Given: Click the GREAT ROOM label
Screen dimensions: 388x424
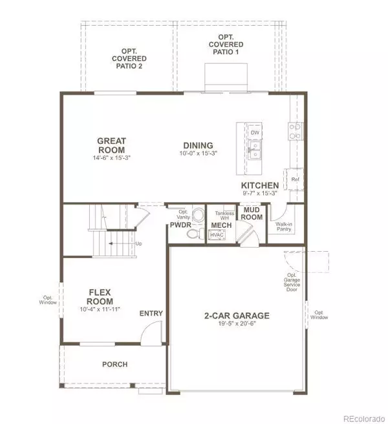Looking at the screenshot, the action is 111,145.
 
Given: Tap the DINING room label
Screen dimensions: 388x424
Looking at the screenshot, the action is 198,145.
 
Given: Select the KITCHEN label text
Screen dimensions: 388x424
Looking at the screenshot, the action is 260,185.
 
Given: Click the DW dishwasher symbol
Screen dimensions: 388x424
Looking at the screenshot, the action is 255,132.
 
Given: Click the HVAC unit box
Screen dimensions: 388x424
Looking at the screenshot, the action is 217,235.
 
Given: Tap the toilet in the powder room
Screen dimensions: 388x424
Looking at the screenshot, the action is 195,234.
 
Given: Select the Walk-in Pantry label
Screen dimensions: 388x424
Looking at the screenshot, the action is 284,227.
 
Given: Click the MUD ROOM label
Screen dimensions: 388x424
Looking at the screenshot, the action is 252,214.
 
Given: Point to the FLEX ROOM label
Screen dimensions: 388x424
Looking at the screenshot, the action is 100,297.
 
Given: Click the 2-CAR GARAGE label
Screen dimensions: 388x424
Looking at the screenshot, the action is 237,316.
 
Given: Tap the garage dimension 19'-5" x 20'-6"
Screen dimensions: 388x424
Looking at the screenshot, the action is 237,324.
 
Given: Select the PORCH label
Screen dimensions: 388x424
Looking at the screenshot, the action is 115,365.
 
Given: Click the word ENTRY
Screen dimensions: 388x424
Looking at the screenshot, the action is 151,314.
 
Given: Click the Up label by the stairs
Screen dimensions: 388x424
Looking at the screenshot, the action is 138,244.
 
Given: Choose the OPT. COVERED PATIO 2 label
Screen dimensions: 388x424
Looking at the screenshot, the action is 129,59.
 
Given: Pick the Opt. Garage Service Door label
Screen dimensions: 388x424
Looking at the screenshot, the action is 292,282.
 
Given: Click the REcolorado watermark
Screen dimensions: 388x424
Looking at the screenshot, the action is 364,419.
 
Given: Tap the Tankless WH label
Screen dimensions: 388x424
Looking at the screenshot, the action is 224,216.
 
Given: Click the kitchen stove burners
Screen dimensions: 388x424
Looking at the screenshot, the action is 295,131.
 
